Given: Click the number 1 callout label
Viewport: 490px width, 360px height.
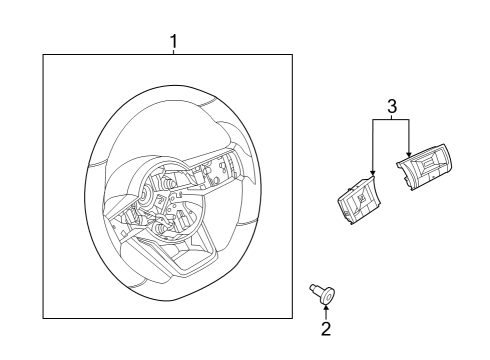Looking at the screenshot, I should (x=174, y=41).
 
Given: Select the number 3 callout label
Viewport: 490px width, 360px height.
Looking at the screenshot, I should (x=392, y=105).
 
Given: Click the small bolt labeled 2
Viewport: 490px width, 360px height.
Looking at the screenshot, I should (x=322, y=293).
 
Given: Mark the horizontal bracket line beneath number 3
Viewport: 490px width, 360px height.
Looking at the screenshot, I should (x=391, y=119).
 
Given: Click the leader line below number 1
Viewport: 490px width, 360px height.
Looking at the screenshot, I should (x=174, y=51).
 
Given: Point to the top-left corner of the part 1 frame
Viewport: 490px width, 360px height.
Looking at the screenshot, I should (x=43, y=55).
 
